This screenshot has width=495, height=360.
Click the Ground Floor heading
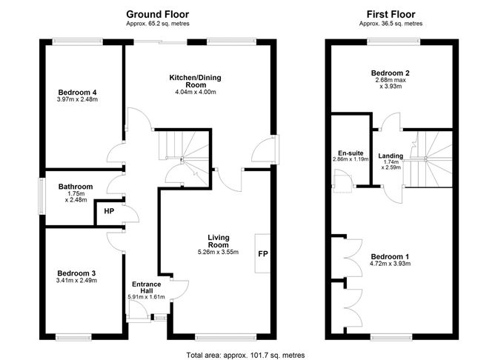157,14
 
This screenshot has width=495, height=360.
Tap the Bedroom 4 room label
78,93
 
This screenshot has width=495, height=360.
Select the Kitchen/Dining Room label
196,81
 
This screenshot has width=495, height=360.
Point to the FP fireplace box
262,254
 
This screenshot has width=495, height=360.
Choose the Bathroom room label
76,187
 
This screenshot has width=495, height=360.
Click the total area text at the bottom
245,355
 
